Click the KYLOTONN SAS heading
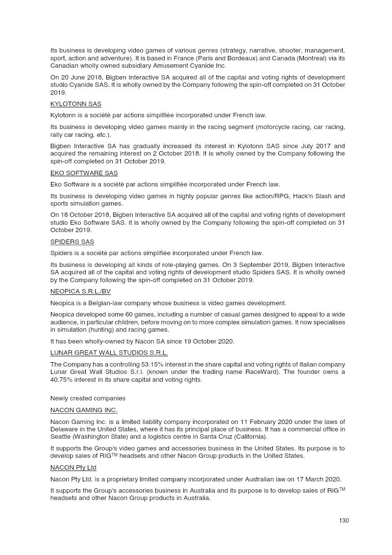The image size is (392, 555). point(75,104)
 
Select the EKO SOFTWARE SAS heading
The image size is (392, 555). point(84,173)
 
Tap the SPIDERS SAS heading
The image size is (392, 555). point(72,242)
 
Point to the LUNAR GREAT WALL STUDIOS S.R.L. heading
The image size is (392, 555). point(109,353)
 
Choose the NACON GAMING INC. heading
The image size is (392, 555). point(84,410)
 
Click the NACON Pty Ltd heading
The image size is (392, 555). point(73,467)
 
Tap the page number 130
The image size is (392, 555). point(343,521)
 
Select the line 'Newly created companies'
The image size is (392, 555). point(88,398)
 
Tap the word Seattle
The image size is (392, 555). point(61,437)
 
